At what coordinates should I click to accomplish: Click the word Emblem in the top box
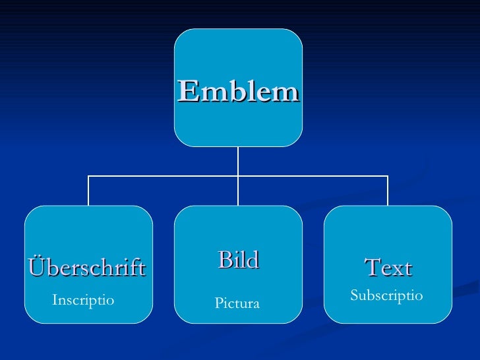tap(238, 92)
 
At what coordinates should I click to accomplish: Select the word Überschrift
tap(86, 268)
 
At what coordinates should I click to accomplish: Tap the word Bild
tap(238, 260)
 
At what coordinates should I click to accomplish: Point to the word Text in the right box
tap(388, 268)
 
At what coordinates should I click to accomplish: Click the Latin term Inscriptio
tap(83, 301)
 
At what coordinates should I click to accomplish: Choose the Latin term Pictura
tap(237, 303)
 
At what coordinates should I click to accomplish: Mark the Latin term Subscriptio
tap(386, 295)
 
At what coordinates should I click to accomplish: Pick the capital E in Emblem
tap(187, 92)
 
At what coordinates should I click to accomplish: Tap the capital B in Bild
tap(224, 260)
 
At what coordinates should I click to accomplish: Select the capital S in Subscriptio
tap(354, 295)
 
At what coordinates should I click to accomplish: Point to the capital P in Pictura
tap(219, 303)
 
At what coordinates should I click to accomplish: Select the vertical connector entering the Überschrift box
tap(88, 191)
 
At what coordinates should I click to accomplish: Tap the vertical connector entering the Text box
tap(388, 191)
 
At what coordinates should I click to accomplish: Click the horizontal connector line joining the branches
tap(165, 176)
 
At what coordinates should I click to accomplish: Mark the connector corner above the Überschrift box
tap(88, 176)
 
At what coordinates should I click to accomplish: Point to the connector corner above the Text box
tap(388, 176)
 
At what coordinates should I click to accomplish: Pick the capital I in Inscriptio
tap(55, 301)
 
